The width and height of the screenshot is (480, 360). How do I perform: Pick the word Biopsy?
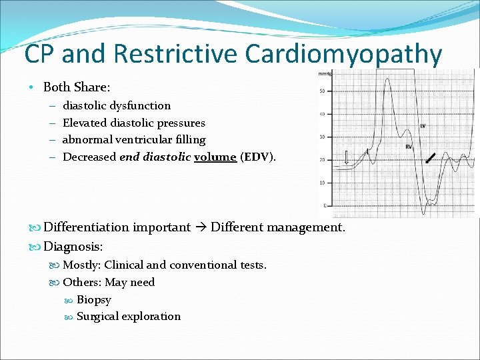tap(94, 299)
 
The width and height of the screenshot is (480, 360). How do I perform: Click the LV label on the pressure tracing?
tap(423, 125)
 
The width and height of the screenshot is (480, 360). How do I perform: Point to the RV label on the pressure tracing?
tap(409, 147)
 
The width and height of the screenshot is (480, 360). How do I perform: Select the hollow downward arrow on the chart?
tap(346, 157)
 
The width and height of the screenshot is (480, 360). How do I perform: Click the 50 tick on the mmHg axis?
tap(323, 91)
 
